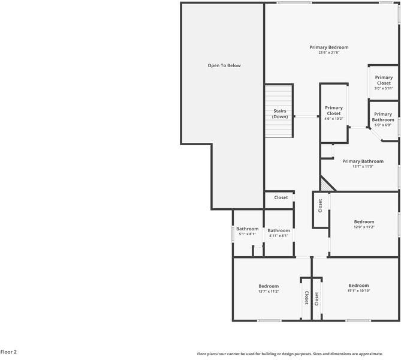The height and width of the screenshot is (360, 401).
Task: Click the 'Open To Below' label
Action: tap(224, 65)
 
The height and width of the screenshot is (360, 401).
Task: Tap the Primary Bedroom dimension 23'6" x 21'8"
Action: tap(328, 53)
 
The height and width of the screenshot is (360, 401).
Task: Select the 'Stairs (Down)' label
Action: tap(280, 113)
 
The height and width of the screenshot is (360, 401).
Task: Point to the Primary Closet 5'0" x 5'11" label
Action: tap(384, 82)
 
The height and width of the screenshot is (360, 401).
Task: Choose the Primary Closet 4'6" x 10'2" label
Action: tap(333, 113)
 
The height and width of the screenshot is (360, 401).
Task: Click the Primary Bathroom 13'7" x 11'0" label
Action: tap(362, 164)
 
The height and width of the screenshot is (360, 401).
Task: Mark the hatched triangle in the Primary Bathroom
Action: tap(325, 185)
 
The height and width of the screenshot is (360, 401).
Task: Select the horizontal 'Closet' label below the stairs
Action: tap(281, 197)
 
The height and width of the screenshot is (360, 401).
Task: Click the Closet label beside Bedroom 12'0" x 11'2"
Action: tap(320, 206)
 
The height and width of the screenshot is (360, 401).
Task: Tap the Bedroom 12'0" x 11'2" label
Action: tap(363, 224)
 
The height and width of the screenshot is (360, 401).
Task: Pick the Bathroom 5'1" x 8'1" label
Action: tap(247, 231)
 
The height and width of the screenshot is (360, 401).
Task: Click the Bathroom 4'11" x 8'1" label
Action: tap(278, 233)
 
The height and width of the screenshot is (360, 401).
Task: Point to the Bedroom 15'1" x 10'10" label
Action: tap(358, 288)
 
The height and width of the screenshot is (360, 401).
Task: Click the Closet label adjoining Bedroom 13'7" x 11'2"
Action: tap(306, 297)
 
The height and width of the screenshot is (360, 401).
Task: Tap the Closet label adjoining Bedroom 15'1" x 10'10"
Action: tap(316, 297)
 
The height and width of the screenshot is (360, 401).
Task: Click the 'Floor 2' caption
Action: tap(8, 352)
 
